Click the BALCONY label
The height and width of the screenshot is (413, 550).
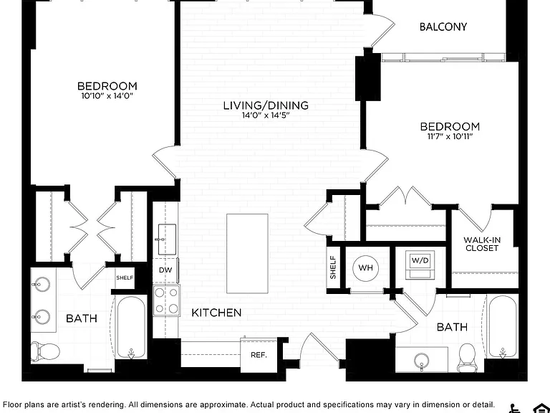(443, 27)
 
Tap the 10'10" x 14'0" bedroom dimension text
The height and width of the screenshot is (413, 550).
(107, 96)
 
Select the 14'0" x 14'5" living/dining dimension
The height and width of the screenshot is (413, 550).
(266, 115)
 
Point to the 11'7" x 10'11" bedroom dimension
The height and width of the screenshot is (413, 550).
(450, 136)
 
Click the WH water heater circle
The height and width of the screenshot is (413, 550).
(365, 268)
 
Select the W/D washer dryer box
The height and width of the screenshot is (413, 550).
(420, 265)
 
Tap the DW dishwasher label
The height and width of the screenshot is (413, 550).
(165, 270)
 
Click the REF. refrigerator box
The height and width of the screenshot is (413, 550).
(259, 355)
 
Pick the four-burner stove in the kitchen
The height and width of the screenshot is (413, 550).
(167, 300)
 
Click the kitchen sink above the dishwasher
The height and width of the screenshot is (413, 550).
(167, 239)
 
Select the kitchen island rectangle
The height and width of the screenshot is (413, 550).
(247, 254)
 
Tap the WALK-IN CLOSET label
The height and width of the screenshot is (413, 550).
(481, 244)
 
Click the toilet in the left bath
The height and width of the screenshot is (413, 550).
(45, 351)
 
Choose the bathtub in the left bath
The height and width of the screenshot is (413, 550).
(131, 327)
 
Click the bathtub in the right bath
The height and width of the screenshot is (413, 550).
(502, 327)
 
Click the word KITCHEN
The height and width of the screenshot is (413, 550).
(216, 313)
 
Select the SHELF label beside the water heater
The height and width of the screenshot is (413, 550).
(333, 267)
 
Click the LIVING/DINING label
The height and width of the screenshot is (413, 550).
(266, 105)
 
